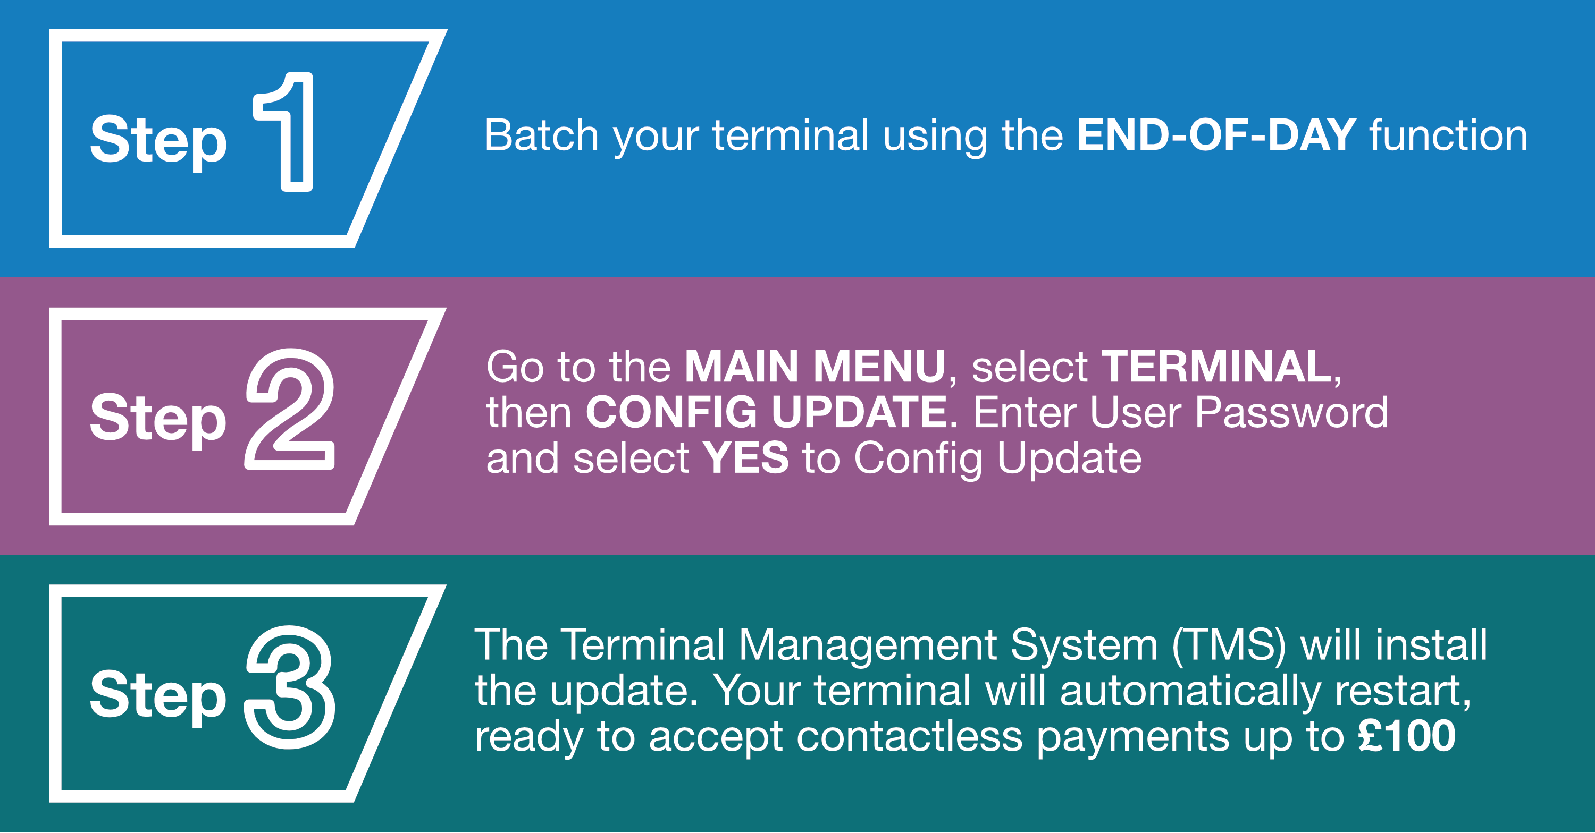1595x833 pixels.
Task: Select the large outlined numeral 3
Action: point(322,687)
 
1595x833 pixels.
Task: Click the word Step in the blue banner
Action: point(158,142)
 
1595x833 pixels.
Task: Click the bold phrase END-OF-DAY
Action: point(1216,135)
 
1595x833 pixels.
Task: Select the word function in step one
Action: point(1448,135)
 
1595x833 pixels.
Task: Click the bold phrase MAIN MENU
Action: point(815,367)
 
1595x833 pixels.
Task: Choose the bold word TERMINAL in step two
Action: point(1216,367)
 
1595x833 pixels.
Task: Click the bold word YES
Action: point(745,458)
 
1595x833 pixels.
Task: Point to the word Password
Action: point(1291,412)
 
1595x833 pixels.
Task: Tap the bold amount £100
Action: point(1407,736)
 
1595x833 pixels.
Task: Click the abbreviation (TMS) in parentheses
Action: point(1229,645)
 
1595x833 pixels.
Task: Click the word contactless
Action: point(909,736)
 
